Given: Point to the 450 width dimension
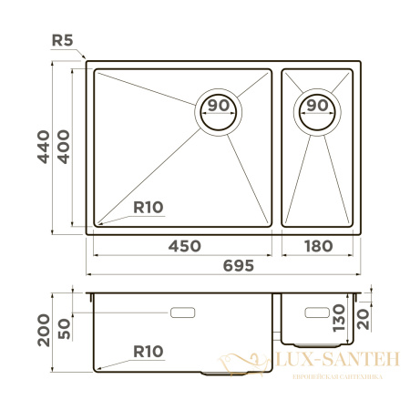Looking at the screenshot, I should pyautogui.click(x=183, y=246).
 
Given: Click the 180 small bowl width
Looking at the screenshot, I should pyautogui.click(x=316, y=246).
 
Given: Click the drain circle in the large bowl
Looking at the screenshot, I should pyautogui.click(x=220, y=111).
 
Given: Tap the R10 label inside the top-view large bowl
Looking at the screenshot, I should pyautogui.click(x=147, y=208).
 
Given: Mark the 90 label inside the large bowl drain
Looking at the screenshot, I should pyautogui.click(x=219, y=106).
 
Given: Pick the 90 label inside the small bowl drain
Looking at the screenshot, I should pyautogui.click(x=316, y=106).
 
